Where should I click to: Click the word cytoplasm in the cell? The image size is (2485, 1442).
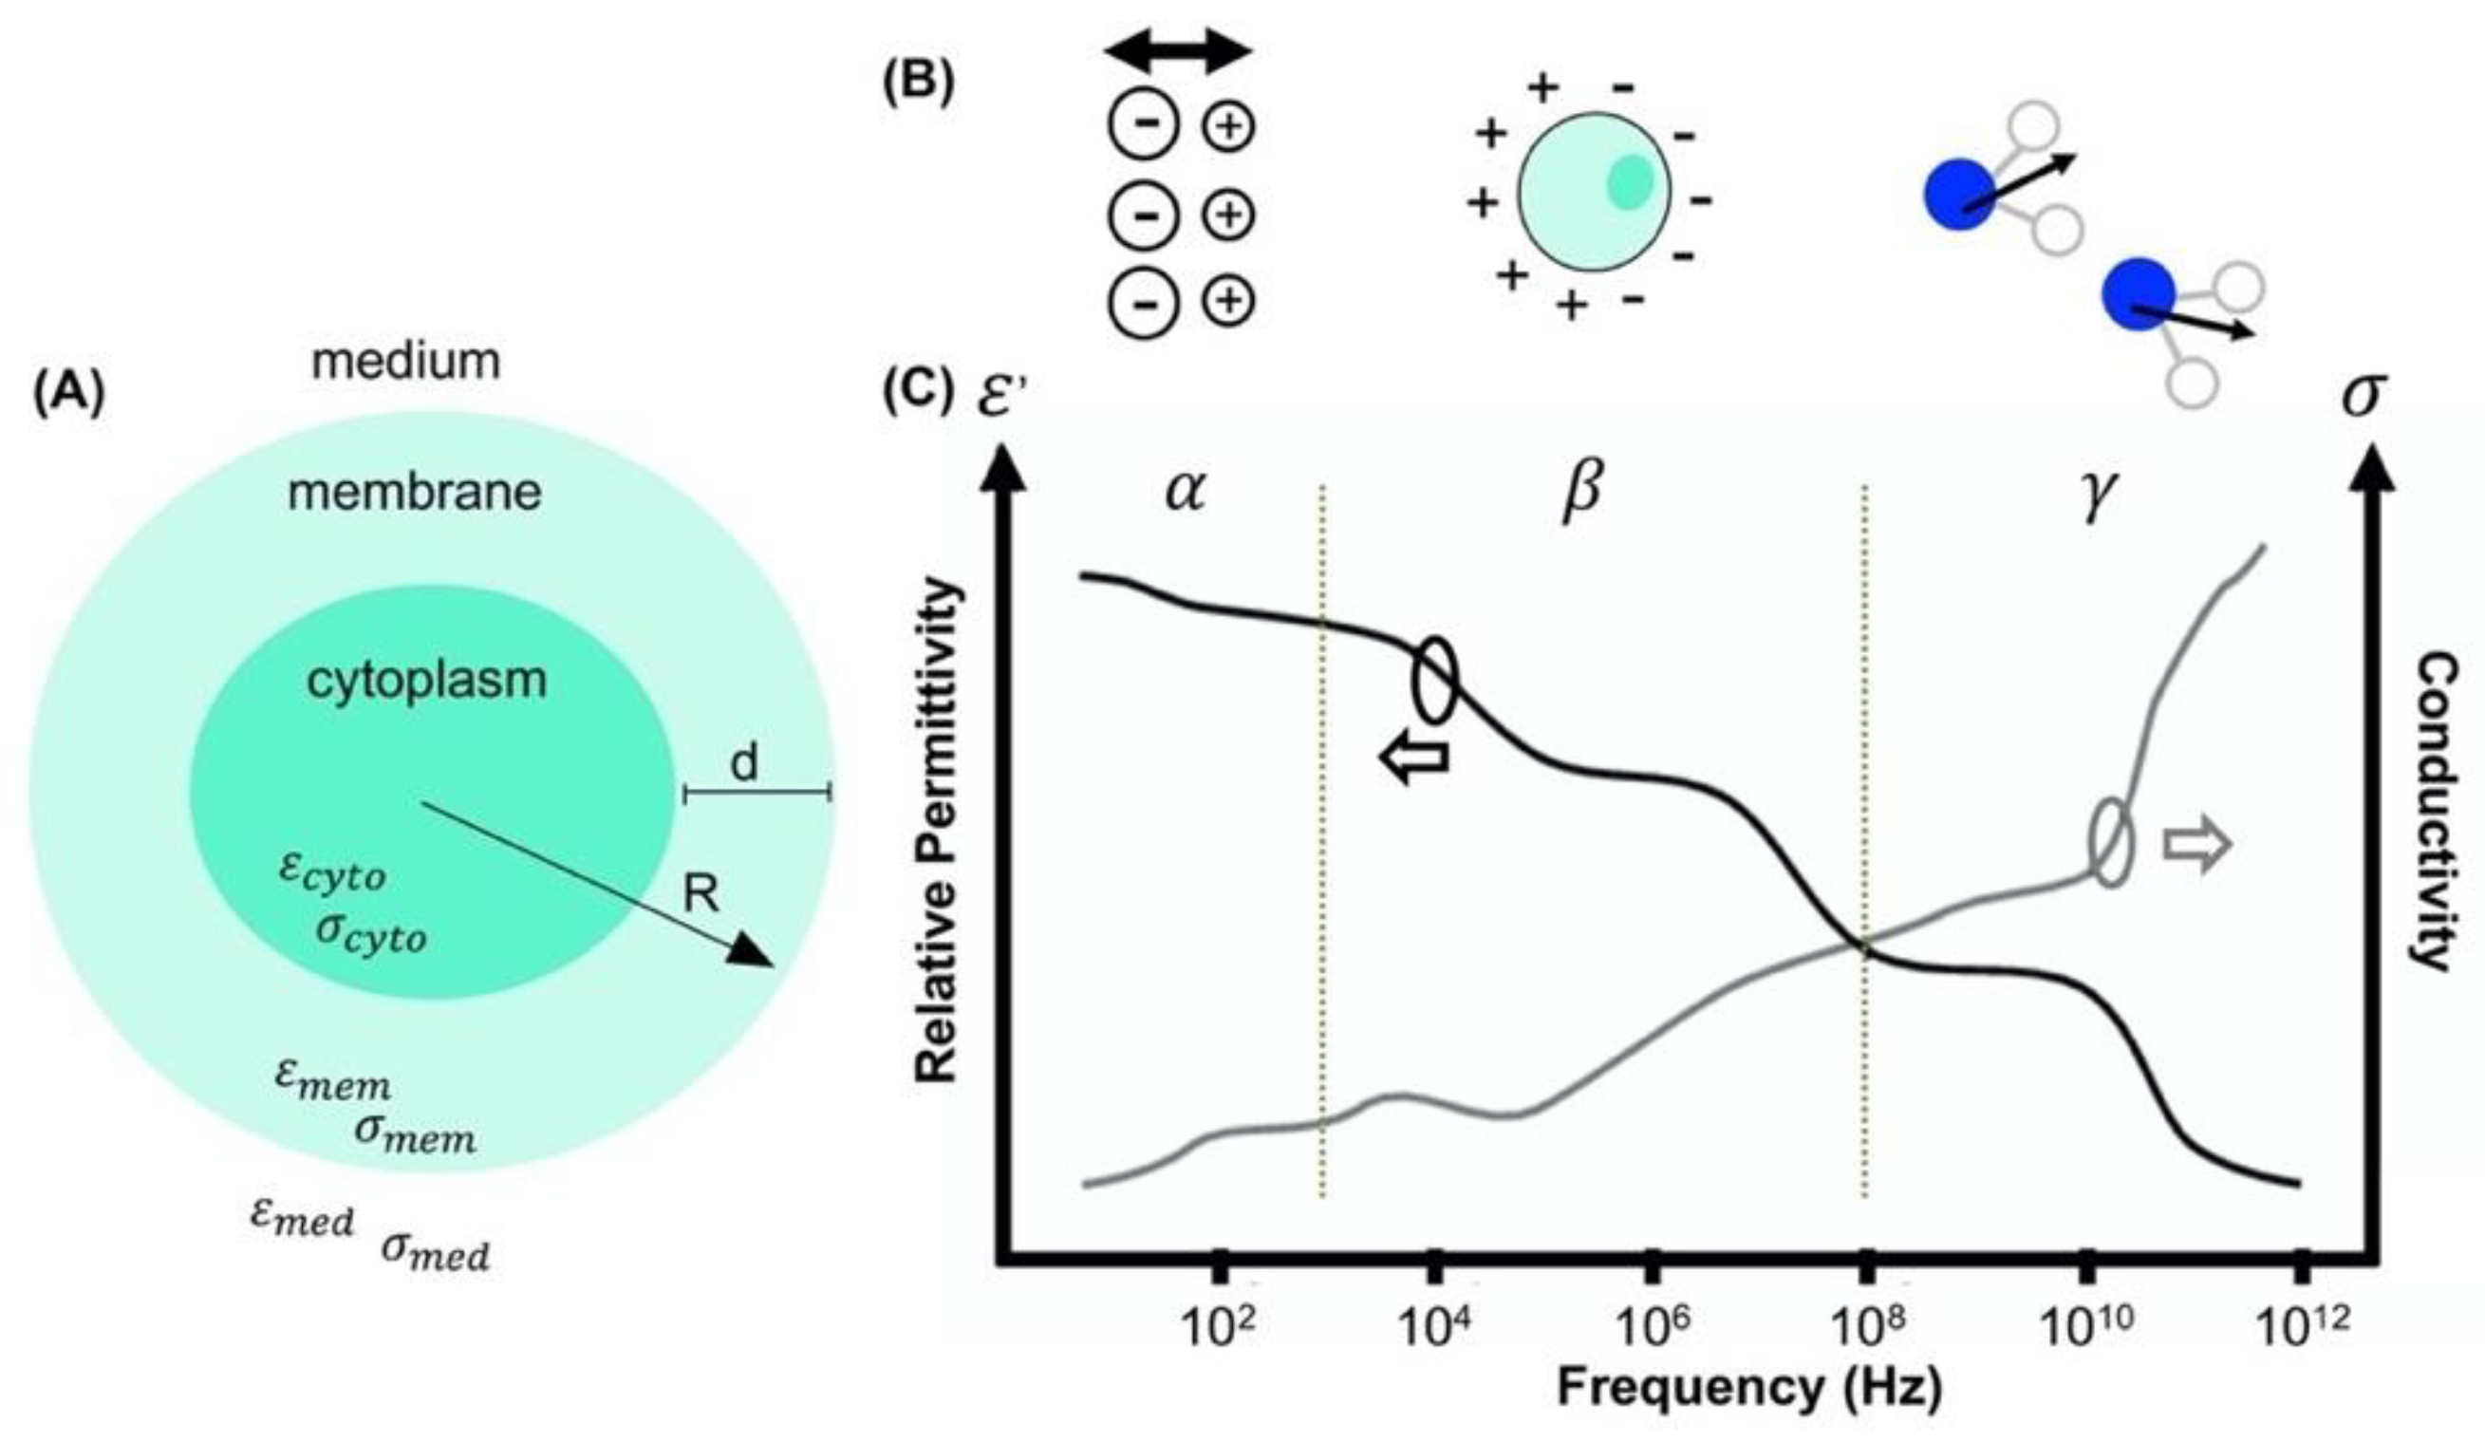click(427, 682)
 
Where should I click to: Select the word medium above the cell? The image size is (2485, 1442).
click(406, 361)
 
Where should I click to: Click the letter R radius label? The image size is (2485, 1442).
click(702, 894)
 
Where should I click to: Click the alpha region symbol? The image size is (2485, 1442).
click(1185, 490)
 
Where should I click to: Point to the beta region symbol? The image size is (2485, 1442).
click(1580, 490)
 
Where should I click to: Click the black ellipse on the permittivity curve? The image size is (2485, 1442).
click(1435, 680)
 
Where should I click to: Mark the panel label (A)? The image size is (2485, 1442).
click(68, 397)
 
